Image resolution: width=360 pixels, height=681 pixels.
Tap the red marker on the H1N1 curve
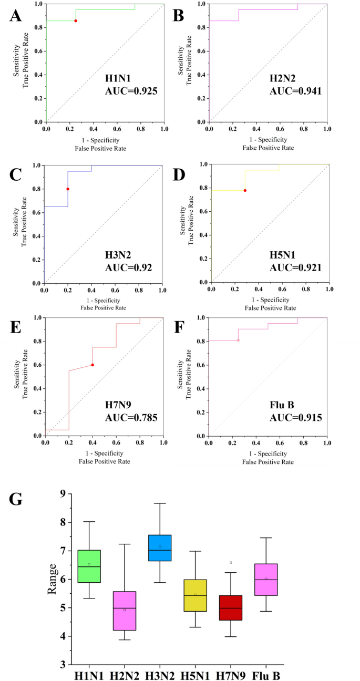point(76,20)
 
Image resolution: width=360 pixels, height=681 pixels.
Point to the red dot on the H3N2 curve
point(68,189)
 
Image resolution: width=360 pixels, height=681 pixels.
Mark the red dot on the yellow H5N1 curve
point(245,190)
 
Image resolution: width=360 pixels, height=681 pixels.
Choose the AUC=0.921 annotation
point(295,268)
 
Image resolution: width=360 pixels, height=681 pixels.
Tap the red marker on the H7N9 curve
point(92,365)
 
